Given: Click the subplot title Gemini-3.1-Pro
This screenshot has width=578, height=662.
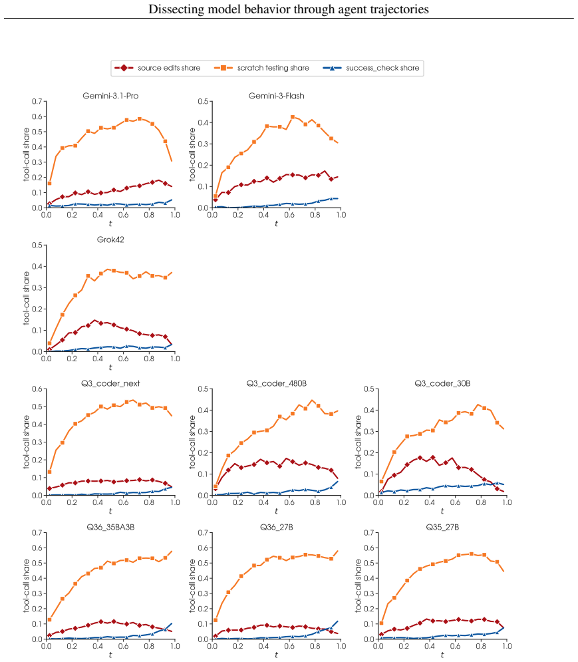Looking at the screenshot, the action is tap(110, 96).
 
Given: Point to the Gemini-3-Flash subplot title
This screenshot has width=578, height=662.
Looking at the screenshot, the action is tap(277, 96).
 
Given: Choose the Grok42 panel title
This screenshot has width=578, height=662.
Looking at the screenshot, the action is tap(110, 240).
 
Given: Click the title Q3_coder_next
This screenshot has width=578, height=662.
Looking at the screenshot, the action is tap(110, 383).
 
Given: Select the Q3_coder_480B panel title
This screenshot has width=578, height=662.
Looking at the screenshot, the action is tap(277, 383).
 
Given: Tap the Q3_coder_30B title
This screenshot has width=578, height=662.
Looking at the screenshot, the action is tap(442, 383).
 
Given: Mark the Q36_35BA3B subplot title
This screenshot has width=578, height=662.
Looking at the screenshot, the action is tap(110, 527).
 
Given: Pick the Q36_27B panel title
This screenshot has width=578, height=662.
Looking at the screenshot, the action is tap(277, 527).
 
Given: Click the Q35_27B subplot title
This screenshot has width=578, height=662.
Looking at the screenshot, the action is tap(442, 527).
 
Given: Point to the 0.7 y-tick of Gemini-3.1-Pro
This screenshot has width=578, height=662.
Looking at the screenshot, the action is tap(37, 101).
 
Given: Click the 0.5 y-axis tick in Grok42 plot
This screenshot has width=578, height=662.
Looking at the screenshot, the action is tap(37, 246).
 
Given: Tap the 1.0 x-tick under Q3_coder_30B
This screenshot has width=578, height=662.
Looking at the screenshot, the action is tap(507, 502).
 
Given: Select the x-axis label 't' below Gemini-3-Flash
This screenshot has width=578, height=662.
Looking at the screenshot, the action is tap(276, 224).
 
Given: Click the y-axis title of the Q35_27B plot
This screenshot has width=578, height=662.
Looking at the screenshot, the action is tap(359, 585).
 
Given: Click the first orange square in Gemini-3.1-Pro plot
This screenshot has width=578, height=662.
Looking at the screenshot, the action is tap(49, 183).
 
